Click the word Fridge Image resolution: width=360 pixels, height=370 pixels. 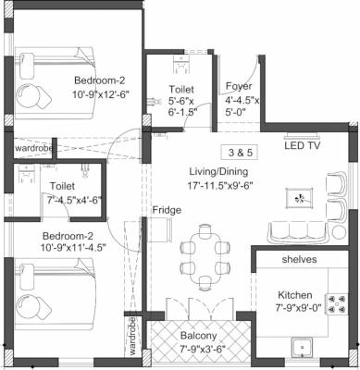pyautogui.click(x=167, y=210)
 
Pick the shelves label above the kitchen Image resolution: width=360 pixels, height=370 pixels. pyautogui.click(x=299, y=260)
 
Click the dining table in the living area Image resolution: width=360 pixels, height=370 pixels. pyautogui.click(x=203, y=249)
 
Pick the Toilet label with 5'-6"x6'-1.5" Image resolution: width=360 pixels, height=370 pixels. pyautogui.click(x=181, y=90)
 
